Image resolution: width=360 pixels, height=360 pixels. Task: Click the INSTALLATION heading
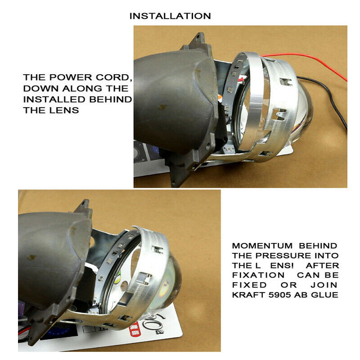point(170,16)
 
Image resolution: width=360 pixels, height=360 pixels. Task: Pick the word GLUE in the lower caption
point(325,295)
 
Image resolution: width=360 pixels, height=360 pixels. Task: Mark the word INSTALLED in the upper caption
point(50,99)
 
